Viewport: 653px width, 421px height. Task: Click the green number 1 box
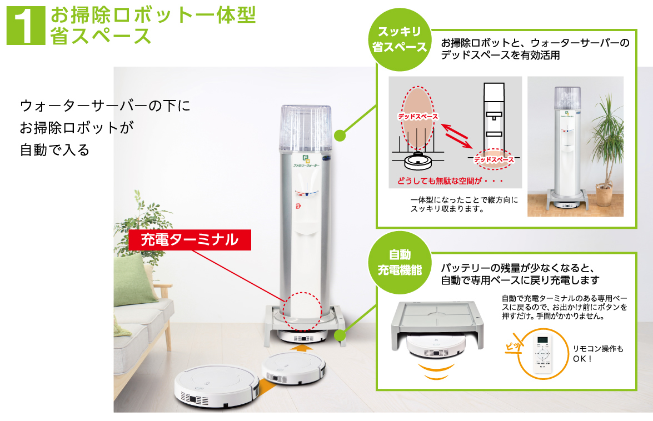click(x=26, y=26)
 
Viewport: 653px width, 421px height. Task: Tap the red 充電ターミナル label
click(x=190, y=240)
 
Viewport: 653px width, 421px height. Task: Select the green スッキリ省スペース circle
click(x=399, y=39)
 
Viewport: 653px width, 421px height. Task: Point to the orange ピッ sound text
click(x=513, y=345)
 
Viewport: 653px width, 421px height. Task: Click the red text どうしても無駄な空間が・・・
click(x=450, y=182)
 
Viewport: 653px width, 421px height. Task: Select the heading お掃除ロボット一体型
click(x=153, y=15)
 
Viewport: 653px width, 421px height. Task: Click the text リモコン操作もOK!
click(x=598, y=353)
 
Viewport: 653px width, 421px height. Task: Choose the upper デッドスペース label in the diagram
click(x=417, y=117)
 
